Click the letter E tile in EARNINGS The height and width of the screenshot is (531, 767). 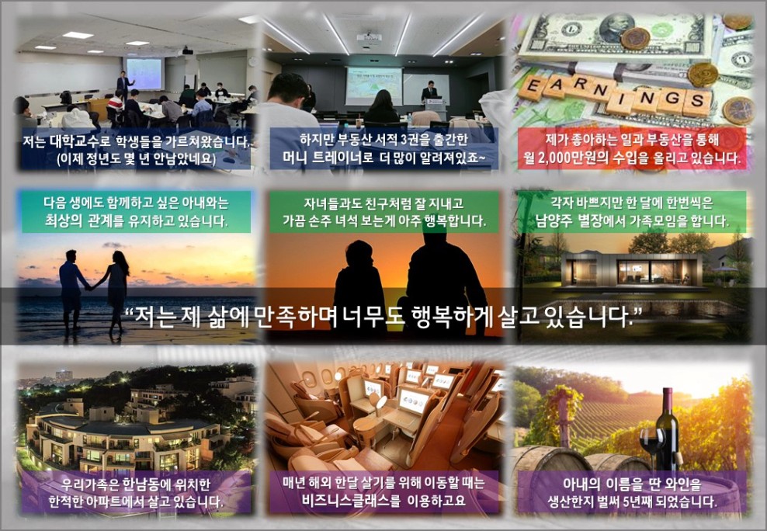(533, 88)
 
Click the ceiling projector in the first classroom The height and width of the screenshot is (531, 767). (187, 51)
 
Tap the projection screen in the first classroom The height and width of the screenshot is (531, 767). (144, 73)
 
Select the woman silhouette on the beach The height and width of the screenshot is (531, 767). (116, 292)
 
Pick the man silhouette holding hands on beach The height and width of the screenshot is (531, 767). (72, 290)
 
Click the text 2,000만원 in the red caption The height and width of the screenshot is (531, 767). (571, 158)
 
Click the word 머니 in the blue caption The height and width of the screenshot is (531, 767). (296, 158)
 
